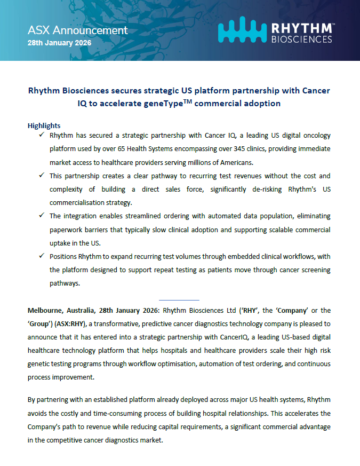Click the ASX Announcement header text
78,30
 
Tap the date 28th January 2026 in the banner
59,42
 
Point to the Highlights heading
44,125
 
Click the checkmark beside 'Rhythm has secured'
41,136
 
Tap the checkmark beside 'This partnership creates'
41,175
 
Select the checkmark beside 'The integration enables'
41,215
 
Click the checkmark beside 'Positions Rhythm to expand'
41,255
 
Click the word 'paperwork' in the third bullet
66,229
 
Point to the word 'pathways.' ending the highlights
65,283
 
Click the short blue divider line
179,299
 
